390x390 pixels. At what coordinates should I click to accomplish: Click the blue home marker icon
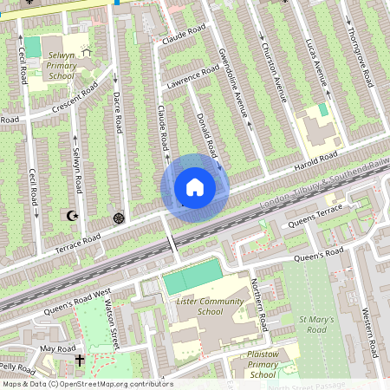195,187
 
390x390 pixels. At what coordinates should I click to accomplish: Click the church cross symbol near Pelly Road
80,359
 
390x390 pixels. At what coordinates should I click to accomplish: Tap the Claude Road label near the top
183,35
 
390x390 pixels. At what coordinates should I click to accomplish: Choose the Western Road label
371,332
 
